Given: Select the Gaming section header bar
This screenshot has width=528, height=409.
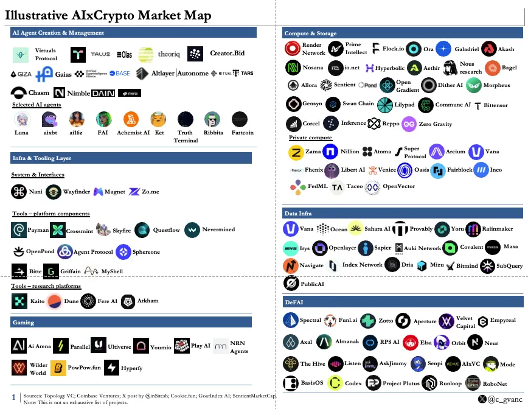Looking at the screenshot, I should (131, 322).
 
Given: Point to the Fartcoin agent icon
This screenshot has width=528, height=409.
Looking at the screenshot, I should (240, 119).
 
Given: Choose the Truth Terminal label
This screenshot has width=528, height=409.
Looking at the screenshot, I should (186, 136).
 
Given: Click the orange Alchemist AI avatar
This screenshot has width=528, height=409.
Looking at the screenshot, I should (131, 119).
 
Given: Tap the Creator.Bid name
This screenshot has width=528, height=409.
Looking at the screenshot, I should (227, 54).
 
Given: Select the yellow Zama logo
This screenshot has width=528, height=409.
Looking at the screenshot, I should (296, 152).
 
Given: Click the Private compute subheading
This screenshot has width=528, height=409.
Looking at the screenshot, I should (310, 138).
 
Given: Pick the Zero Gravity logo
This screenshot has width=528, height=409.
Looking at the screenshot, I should (409, 124).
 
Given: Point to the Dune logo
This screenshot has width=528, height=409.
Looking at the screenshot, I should (54, 301).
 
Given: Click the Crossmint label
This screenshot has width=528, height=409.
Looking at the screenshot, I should (79, 231).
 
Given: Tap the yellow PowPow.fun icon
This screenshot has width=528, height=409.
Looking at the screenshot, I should (58, 368).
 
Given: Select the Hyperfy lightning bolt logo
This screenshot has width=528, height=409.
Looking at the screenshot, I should (111, 368).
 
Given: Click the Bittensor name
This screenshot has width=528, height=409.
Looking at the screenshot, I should (496, 105).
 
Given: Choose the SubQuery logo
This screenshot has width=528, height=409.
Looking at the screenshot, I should (487, 266).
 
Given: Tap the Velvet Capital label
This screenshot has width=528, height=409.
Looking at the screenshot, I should (465, 322).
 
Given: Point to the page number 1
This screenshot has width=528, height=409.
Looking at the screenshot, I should (13, 396).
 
